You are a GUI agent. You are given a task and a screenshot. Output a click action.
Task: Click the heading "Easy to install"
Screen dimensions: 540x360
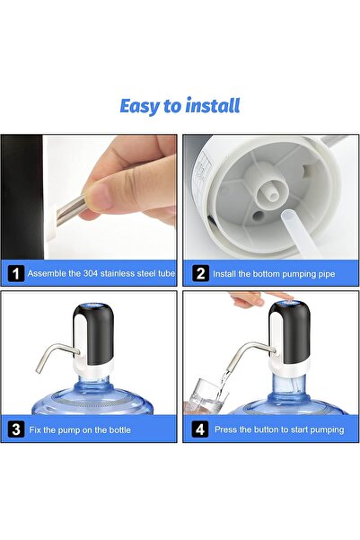pos(180,106)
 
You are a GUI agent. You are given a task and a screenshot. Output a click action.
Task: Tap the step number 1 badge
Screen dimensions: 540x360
pos(15,272)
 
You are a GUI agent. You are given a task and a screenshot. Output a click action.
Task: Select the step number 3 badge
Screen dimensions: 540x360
pos(15,429)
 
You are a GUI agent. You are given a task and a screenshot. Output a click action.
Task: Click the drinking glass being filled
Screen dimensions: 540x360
pos(208,392)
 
